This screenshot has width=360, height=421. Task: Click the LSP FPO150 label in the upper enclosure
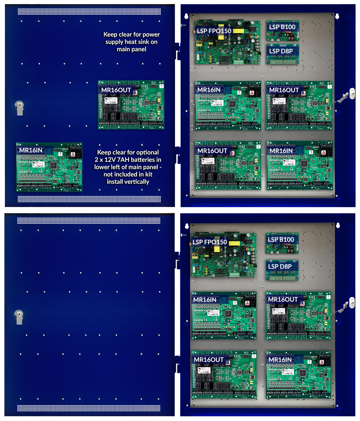pos(214,31)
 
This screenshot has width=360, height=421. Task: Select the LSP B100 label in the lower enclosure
pos(281,240)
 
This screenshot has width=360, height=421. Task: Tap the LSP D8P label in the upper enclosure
pos(281,51)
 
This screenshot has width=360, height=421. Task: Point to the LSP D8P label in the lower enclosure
pos(280,267)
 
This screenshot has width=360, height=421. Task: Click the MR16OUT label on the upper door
pos(116,90)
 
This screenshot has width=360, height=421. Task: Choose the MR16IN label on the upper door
pos(31,150)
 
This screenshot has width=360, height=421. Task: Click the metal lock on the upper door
pos(19,108)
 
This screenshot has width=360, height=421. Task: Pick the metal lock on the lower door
pos(19,317)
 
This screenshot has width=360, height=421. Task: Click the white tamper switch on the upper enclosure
pos(352,93)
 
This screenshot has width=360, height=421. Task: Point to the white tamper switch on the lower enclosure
pos(351,303)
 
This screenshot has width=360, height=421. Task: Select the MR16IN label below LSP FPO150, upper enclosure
pos(209,90)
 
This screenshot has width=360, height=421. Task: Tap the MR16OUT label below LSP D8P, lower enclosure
pos(283,300)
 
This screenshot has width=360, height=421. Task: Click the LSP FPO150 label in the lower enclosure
pos(210,242)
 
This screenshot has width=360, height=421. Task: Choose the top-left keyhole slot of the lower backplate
pos(187,226)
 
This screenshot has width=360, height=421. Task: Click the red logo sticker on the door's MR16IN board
pos(73,154)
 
